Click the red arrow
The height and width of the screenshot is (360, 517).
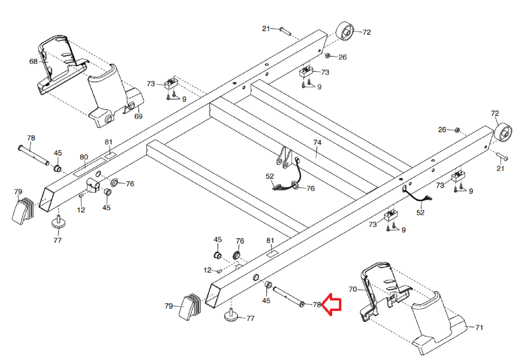coord(331,305)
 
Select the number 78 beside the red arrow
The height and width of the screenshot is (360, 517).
coord(317,305)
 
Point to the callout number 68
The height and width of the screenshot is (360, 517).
coord(33,62)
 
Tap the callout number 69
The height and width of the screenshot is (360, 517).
coord(138,117)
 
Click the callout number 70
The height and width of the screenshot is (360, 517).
coord(353,289)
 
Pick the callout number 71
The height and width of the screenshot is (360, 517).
coord(479,327)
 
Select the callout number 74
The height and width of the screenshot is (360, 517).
coord(317,142)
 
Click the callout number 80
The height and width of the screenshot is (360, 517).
coord(84,157)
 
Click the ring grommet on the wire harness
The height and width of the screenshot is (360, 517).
coord(295,185)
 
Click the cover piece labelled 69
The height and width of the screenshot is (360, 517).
coord(116,97)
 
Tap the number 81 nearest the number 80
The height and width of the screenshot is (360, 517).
coord(109,142)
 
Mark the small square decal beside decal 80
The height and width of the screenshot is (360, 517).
coord(111,155)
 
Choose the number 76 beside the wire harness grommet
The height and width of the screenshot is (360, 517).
coord(311,189)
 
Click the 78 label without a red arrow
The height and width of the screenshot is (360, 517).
coord(31,138)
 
